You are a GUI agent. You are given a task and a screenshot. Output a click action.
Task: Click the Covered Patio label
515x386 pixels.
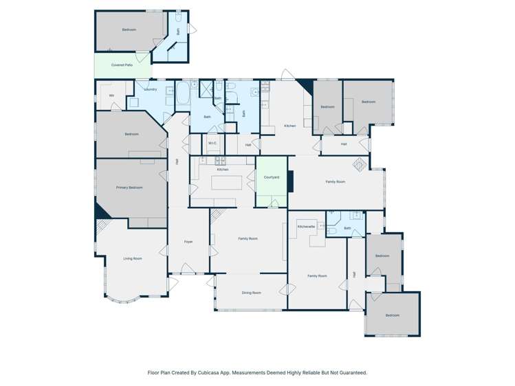122,65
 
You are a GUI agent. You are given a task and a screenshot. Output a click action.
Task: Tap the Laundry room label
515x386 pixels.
151,89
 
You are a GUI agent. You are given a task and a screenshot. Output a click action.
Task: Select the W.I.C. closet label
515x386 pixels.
213,143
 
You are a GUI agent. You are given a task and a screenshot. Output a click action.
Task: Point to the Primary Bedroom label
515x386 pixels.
129,187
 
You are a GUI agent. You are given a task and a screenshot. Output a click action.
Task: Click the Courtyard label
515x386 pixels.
272,177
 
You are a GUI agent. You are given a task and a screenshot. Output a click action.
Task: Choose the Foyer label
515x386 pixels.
188,242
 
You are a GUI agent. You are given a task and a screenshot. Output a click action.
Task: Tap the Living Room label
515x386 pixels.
133,258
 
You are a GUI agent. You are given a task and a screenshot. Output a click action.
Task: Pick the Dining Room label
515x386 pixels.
251,293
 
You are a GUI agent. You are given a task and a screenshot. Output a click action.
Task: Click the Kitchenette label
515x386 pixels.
306,226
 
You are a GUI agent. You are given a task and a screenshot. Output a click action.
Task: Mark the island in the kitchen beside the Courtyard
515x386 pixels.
222,183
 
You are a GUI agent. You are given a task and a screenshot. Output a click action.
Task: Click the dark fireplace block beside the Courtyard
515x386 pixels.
291,182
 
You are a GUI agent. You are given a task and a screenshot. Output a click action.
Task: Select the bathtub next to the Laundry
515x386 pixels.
183,95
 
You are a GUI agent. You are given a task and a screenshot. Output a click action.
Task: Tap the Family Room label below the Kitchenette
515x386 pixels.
317,275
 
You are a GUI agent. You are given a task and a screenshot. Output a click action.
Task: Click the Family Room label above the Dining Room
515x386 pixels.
248,238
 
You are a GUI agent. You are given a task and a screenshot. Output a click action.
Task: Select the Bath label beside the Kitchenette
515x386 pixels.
347,228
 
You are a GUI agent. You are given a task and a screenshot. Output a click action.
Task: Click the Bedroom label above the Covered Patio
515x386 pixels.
129,30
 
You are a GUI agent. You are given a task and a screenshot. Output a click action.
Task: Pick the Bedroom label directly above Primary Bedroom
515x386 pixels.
131,134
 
